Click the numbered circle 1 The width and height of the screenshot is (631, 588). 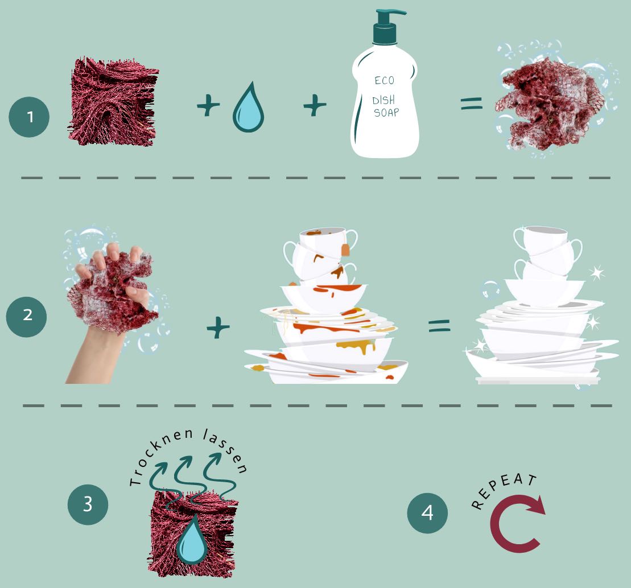pyautogui.click(x=29, y=117)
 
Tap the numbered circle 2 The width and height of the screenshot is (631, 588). pyautogui.click(x=27, y=314)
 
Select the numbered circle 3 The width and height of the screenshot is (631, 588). pyautogui.click(x=88, y=504)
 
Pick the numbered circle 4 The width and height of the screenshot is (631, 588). pyautogui.click(x=427, y=513)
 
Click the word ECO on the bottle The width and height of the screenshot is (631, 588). pyautogui.click(x=385, y=80)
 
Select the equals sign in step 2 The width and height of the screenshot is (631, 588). pyautogui.click(x=439, y=325)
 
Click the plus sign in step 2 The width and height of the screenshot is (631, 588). pyautogui.click(x=218, y=328)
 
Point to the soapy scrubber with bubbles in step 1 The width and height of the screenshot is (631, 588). pyautogui.click(x=550, y=104)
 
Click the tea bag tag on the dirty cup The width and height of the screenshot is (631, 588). pyautogui.click(x=345, y=250)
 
